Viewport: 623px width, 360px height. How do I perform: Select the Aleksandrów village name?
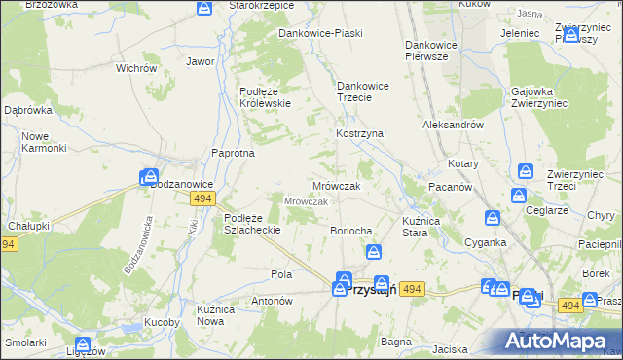[453, 126]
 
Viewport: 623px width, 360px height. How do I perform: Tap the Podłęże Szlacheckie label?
[253, 224]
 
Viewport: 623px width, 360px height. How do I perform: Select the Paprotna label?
[234, 153]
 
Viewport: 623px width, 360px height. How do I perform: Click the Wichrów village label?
[136, 69]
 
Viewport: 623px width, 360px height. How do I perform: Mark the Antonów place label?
[273, 301]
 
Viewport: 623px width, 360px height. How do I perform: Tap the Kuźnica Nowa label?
[216, 314]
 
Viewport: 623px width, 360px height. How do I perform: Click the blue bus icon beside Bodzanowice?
[149, 177]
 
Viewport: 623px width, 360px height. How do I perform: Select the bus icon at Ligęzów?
[84, 344]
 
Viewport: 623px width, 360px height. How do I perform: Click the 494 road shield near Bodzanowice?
[202, 198]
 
